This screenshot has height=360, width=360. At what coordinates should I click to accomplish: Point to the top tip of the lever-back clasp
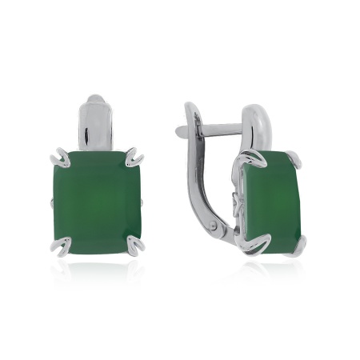point(190,106)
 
